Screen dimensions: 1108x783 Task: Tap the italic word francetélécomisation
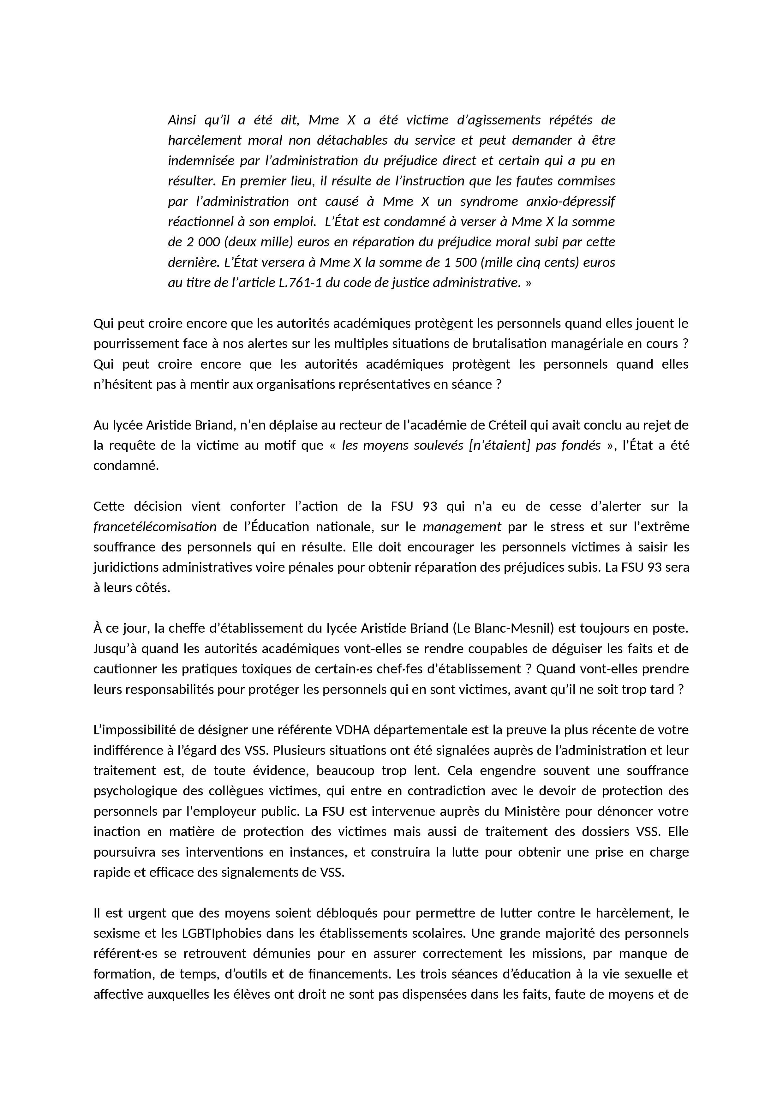click(x=155, y=527)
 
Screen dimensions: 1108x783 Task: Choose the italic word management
click(x=462, y=527)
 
